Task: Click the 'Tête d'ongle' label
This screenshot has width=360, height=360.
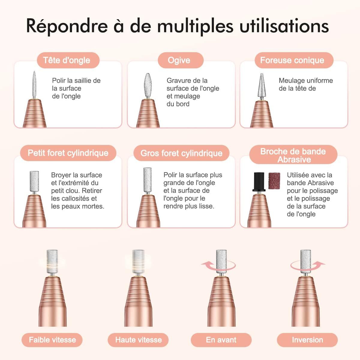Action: click(x=67, y=60)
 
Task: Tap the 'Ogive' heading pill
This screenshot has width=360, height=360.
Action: click(x=179, y=60)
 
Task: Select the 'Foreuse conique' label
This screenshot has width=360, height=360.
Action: click(x=292, y=60)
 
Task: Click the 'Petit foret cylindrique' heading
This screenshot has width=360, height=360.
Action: click(x=68, y=153)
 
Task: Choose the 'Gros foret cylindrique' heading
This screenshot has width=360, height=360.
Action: click(x=181, y=153)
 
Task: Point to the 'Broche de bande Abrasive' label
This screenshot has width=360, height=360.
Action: click(x=293, y=155)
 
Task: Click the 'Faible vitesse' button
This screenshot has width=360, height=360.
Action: click(x=52, y=340)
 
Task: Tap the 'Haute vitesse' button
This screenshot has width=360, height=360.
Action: click(x=139, y=340)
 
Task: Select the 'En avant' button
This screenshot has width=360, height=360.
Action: click(x=221, y=340)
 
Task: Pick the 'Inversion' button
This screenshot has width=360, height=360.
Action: click(x=307, y=340)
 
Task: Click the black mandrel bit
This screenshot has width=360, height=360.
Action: click(x=259, y=181)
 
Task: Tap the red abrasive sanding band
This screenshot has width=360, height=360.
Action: click(x=274, y=181)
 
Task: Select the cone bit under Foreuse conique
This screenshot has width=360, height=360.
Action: click(x=262, y=85)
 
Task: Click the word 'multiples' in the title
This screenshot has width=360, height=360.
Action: click(x=195, y=26)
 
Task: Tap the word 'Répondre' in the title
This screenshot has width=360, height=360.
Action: click(x=67, y=26)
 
